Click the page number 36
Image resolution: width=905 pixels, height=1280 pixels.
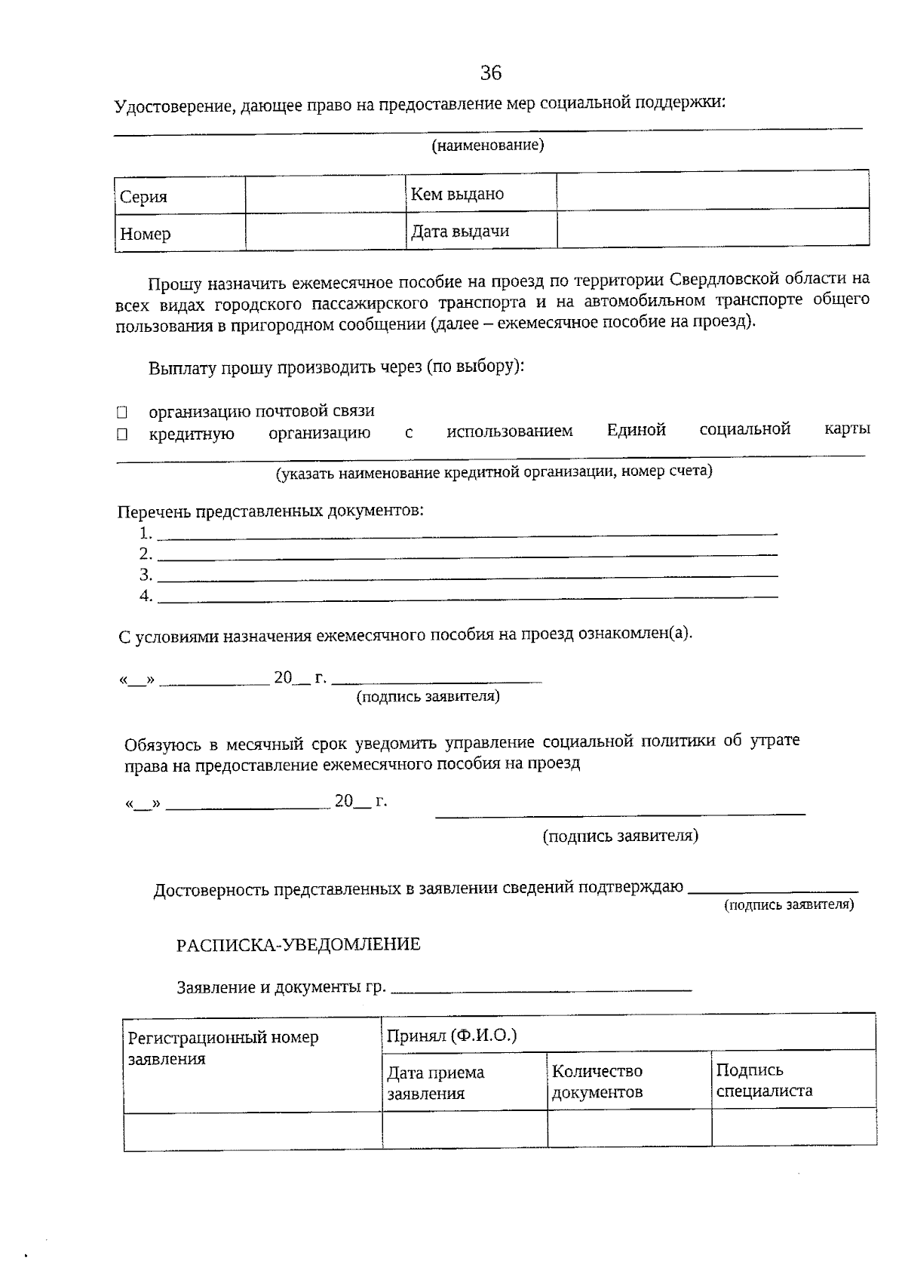click(490, 72)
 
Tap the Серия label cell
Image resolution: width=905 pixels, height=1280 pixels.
click(179, 196)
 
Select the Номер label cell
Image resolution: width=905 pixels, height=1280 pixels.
click(179, 233)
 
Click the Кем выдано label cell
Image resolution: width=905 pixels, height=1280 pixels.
click(480, 194)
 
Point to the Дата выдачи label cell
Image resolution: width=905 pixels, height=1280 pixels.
click(480, 231)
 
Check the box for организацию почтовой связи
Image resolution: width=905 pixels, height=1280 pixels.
click(122, 413)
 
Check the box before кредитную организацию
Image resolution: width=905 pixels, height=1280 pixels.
click(122, 434)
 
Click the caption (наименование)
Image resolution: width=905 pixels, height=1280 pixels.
click(487, 145)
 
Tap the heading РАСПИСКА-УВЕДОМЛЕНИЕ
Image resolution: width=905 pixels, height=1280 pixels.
click(299, 944)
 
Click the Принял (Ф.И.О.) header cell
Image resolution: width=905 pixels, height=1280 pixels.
click(627, 1034)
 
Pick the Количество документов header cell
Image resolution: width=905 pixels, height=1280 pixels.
click(629, 1081)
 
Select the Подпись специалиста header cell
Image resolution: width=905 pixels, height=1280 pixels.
click(793, 1080)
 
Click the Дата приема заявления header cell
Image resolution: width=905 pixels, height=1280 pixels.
click(464, 1082)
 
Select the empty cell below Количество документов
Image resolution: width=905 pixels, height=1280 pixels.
click(629, 1128)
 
